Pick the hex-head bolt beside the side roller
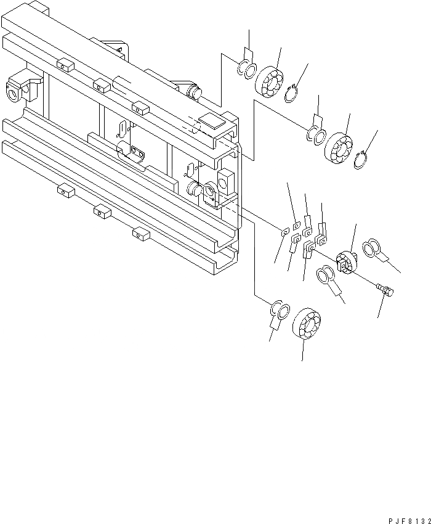click(x=387, y=289)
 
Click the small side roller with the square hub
click(x=348, y=262)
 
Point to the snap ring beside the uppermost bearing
click(x=294, y=94)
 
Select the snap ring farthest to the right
click(x=362, y=160)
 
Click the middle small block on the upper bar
click(x=101, y=84)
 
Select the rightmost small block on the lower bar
click(x=141, y=232)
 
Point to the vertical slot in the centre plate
click(x=122, y=128)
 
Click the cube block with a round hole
click(x=227, y=180)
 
